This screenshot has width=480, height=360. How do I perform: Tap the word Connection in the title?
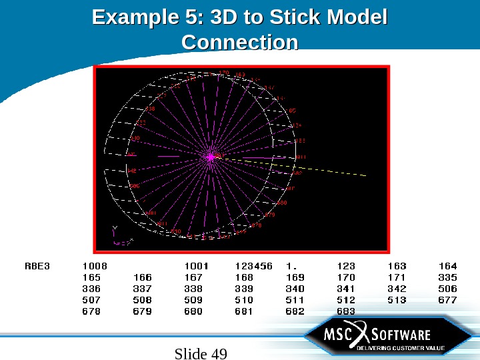pos(240,43)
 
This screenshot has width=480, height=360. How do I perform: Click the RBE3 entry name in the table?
pos(37,266)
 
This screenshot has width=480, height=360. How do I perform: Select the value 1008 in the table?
pos(94,266)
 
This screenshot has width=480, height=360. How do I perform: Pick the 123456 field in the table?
pos(253,266)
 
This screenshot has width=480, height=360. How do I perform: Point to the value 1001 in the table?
pos(196,266)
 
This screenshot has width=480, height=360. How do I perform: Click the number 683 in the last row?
pos(346,311)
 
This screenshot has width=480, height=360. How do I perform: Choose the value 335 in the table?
pos(447,277)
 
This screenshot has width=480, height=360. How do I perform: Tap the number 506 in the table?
pos(447,289)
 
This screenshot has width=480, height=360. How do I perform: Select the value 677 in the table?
pos(447,300)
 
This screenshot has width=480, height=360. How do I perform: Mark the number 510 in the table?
pos(244,300)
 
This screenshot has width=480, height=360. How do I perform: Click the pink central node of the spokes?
pos(211,157)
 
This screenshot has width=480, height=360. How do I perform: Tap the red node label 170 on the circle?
pos(224,72)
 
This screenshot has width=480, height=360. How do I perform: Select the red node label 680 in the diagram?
pos(282,202)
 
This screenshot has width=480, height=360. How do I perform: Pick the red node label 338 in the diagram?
pos(150,109)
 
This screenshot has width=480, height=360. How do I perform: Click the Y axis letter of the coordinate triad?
pos(114,229)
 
